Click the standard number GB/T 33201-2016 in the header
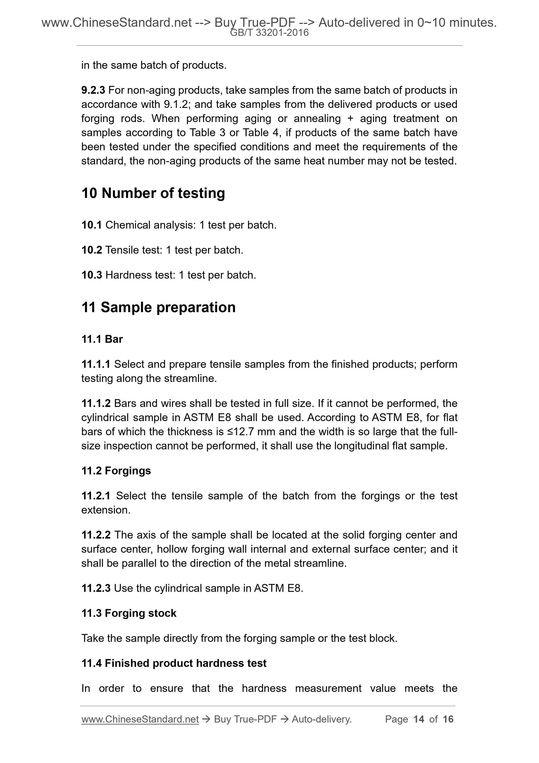269,33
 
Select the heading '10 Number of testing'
153,193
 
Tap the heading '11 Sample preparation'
159,308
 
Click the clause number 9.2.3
93,90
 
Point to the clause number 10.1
92,225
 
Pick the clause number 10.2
92,250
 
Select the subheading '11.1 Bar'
102,339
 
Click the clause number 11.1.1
96,364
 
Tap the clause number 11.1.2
96,404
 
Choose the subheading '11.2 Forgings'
116,471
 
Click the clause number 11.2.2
96,535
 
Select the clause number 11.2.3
96,589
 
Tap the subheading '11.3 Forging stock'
129,613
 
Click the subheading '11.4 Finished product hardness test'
174,663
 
